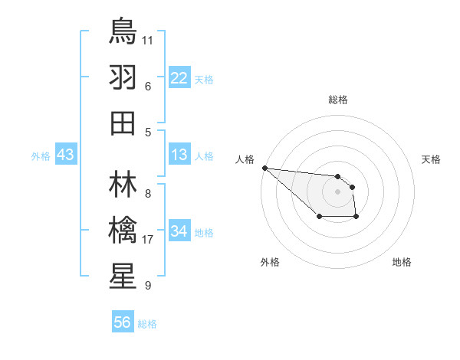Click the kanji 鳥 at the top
pos(123,31)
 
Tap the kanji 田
pos(123,122)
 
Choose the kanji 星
pos(123,276)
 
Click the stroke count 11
pos(149,39)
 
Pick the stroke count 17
pos(149,240)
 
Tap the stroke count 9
pos(147,286)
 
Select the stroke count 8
pos(147,194)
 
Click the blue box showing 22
pos(179,77)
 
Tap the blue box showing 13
pos(179,155)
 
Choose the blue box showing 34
pos(179,231)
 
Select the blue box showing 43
pos(66,155)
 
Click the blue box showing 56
pos(123,322)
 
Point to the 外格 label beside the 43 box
pos(41,156)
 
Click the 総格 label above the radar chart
pos(337,100)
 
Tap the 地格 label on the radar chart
pos(402,262)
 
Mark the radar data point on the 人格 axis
pos(264,168)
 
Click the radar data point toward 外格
pos(319,218)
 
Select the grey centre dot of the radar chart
pos(337,191)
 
